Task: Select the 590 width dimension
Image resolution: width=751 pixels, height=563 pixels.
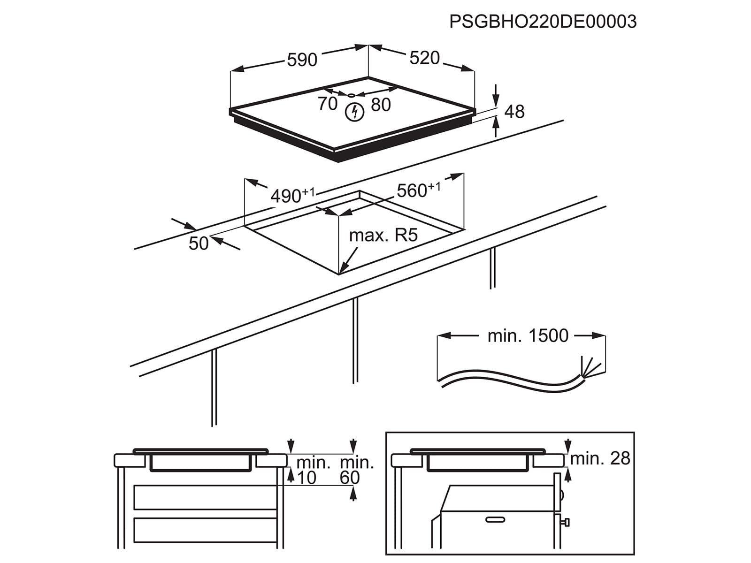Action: coord(302,60)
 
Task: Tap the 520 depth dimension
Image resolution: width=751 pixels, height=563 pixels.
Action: coord(425,58)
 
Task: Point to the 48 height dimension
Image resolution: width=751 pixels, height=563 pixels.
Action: coord(514,112)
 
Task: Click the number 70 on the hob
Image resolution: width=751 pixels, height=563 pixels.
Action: coord(328,104)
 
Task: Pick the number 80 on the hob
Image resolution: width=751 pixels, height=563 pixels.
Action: coord(381,105)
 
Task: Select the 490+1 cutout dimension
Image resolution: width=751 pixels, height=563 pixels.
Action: coord(292,196)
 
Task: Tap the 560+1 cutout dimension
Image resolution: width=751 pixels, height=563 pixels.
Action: coord(418,190)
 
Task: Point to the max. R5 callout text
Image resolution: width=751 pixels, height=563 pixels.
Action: coord(383,236)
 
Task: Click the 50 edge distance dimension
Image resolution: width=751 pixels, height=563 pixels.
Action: coord(199,243)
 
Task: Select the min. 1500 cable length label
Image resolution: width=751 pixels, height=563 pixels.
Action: coord(528,336)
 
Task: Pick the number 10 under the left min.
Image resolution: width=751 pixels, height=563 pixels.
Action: coord(307,478)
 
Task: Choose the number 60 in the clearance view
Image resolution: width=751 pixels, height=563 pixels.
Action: coord(350,478)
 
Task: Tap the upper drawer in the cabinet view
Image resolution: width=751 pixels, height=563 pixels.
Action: coord(205,497)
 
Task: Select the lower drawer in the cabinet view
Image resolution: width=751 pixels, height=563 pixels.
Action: coord(205,530)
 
